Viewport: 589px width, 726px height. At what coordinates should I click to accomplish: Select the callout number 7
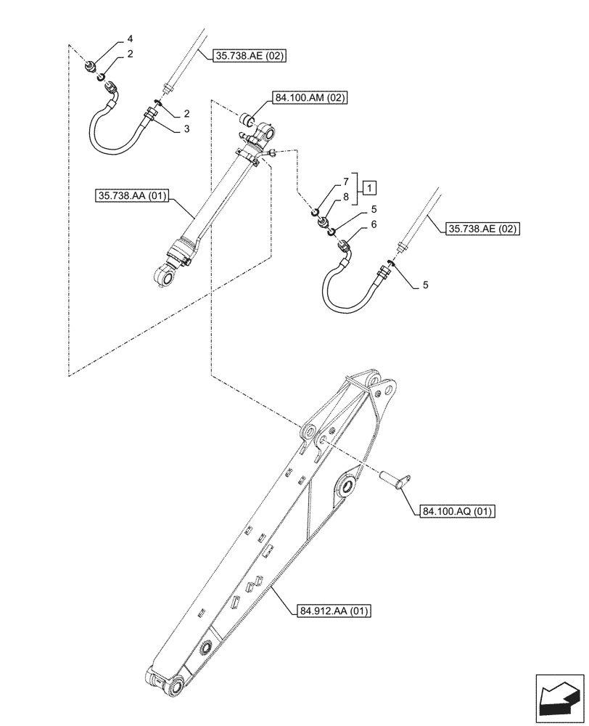pos(346,180)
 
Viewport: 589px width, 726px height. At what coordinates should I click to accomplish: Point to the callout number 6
pos(374,225)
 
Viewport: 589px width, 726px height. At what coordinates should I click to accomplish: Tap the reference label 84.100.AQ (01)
pos(456,512)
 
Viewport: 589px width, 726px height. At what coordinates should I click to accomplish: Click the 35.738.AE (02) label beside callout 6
pos(485,229)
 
